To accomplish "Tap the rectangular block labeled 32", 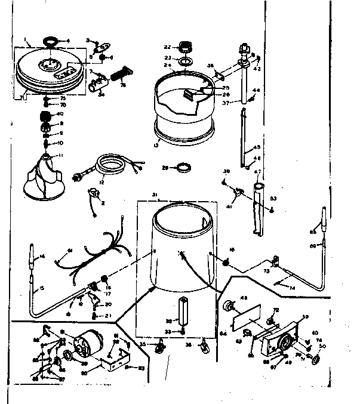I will [x=184, y=310].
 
